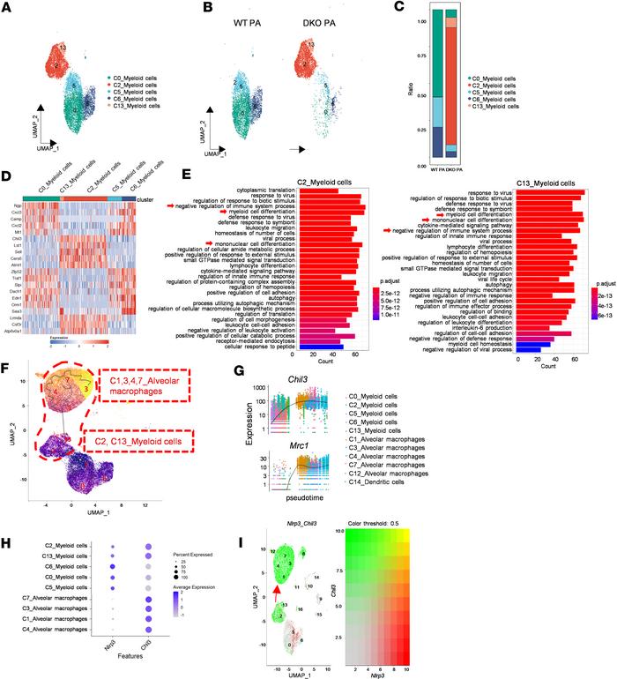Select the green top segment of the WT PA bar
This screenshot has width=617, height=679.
point(438,53)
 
